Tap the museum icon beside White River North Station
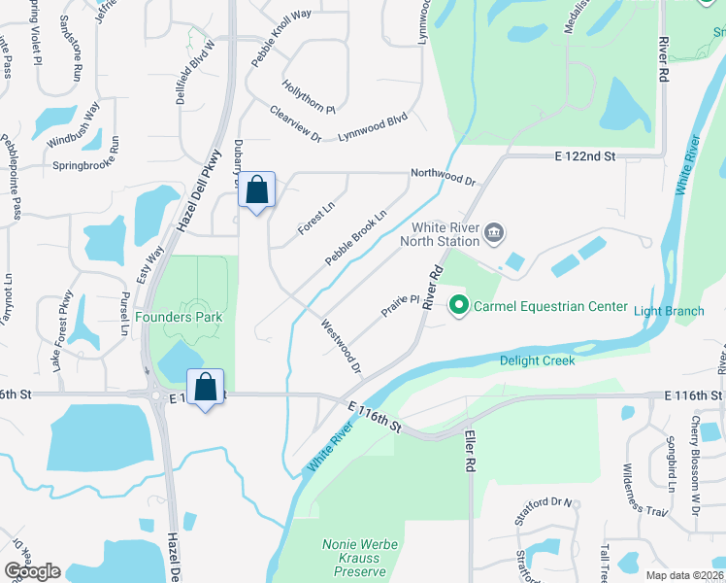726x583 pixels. coord(495,232)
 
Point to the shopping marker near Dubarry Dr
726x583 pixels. coord(257,190)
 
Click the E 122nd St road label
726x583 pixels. coord(585,155)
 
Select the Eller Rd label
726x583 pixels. coord(470,451)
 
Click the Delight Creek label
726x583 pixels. coord(537,360)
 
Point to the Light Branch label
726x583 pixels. coord(669,311)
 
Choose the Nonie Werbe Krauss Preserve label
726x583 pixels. coord(359,559)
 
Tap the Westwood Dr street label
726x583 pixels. coord(340,347)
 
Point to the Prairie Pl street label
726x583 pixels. coord(399,306)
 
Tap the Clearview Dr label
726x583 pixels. coord(295,123)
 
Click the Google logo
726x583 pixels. coord(32,571)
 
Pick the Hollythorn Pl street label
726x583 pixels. coord(308,95)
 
